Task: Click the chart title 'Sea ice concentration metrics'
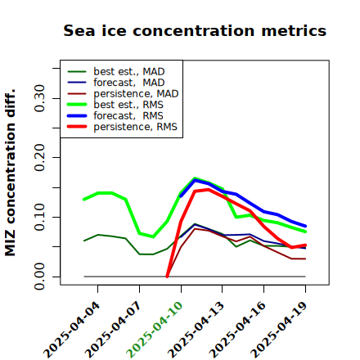click(195, 30)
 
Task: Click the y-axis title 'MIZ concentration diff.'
click(10, 173)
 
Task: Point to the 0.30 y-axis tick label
click(39, 98)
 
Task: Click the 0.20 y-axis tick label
click(39, 158)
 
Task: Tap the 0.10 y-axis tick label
click(39, 217)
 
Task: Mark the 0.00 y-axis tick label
click(39, 277)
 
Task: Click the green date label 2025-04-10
click(155, 330)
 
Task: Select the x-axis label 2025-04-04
click(72, 330)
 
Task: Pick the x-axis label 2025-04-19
click(279, 330)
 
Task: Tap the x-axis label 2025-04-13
click(196, 330)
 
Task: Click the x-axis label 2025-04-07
click(113, 330)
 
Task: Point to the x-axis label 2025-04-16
click(237, 330)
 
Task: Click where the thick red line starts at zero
click(167, 277)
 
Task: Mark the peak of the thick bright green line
click(195, 178)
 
